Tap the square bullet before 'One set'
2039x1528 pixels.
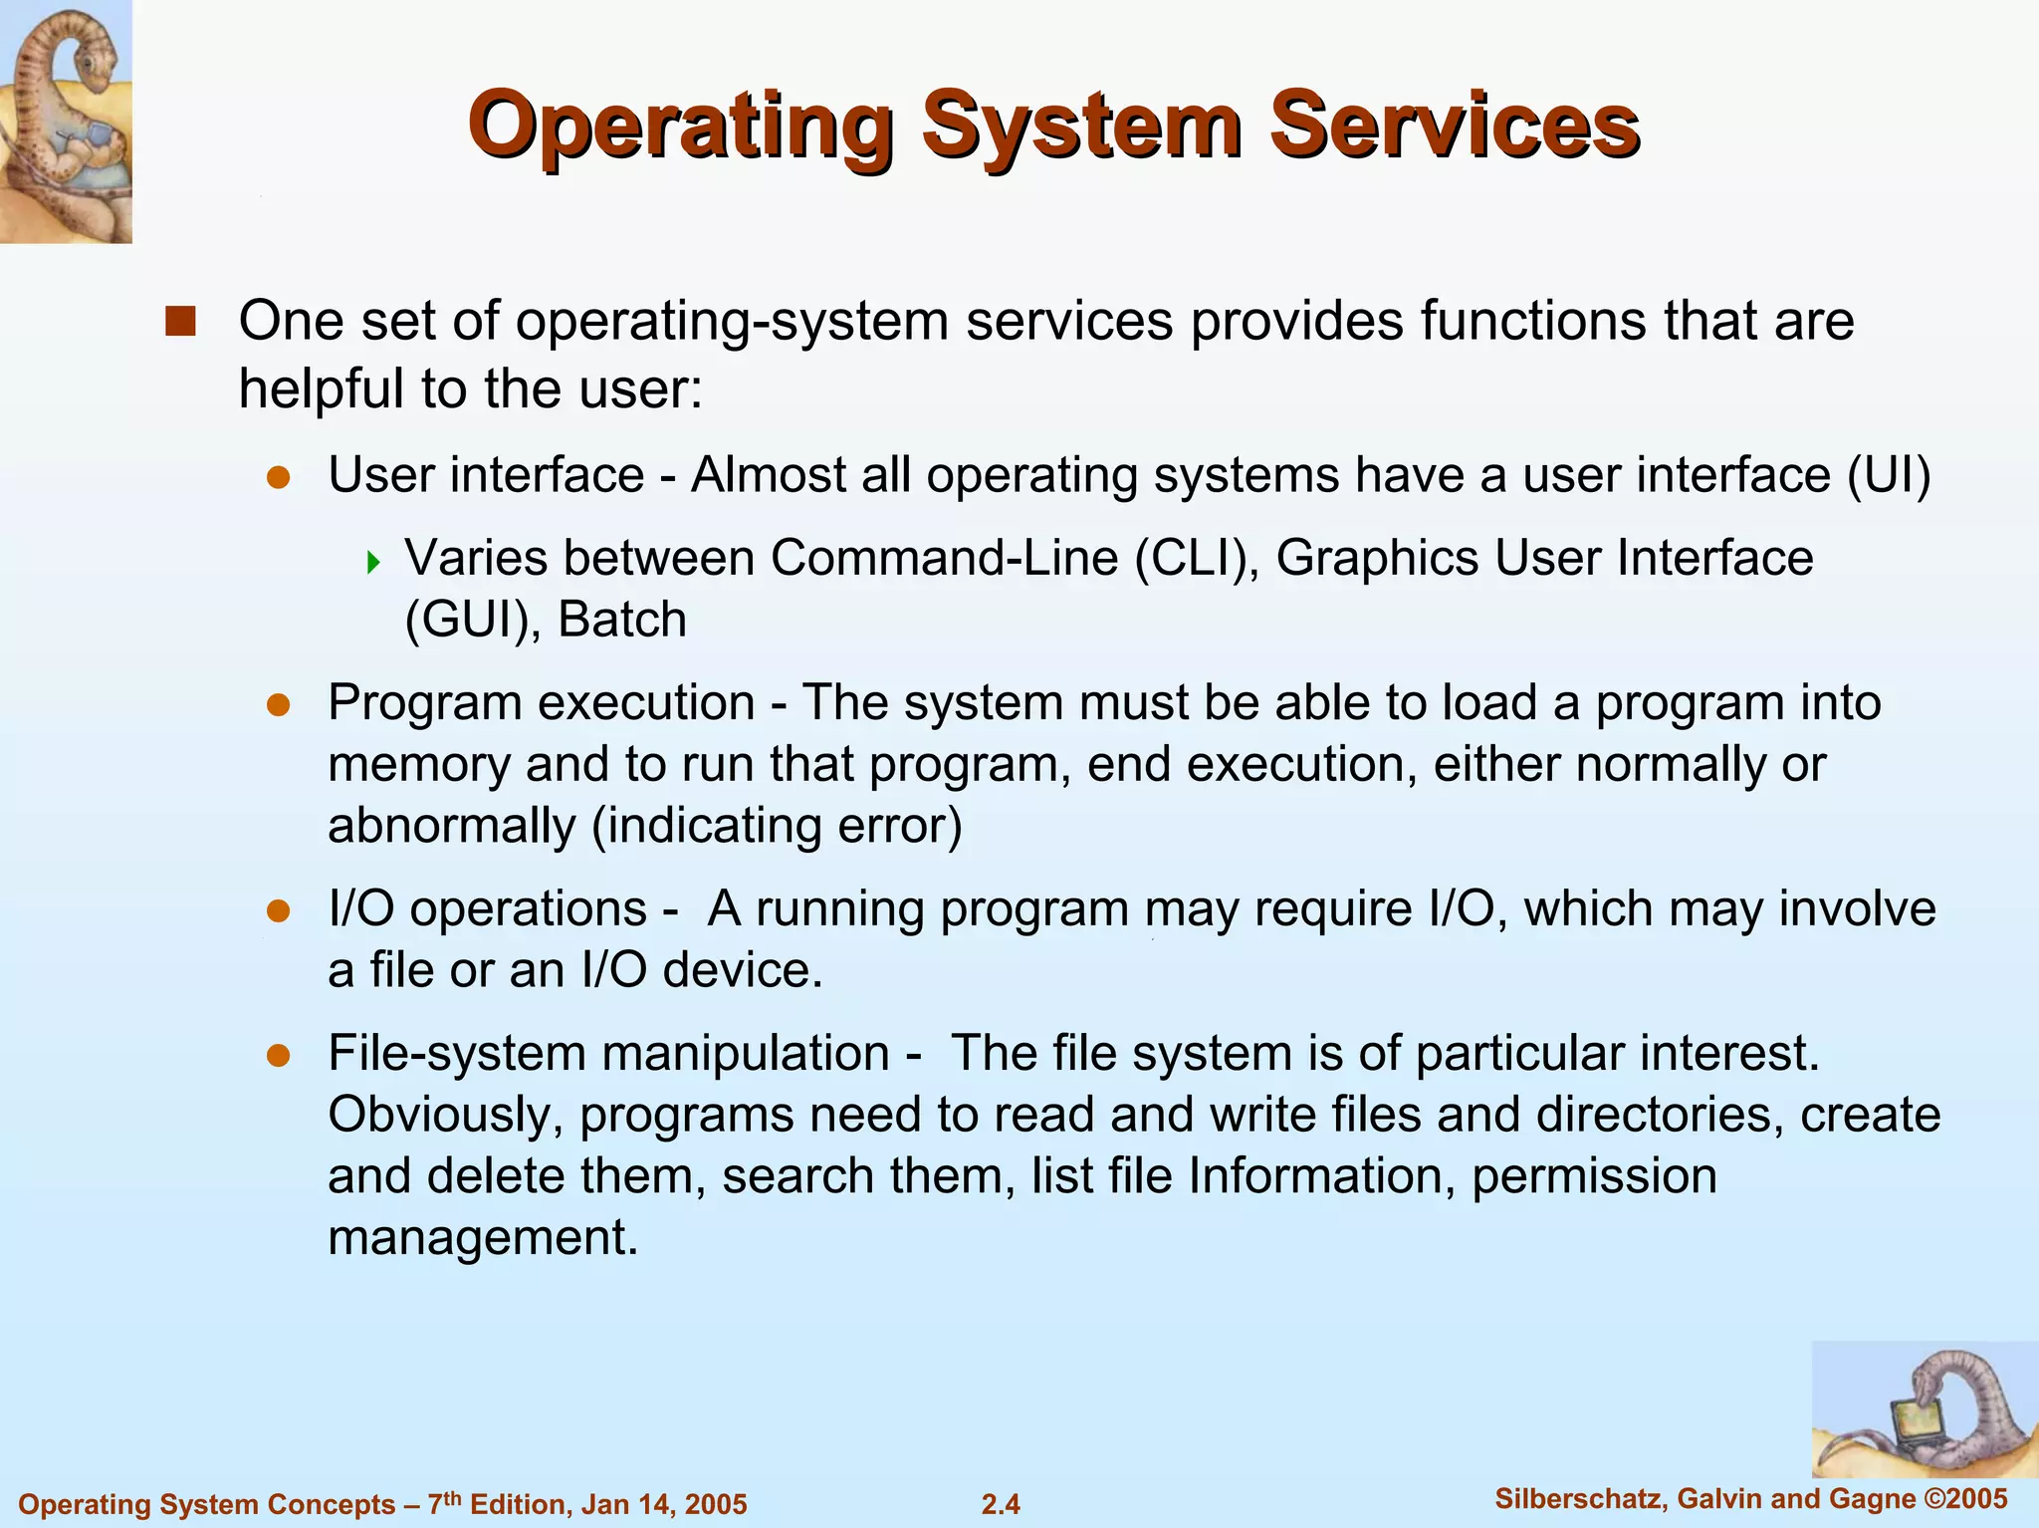coord(180,322)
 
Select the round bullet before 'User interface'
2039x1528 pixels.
coord(278,477)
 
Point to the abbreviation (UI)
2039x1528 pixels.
coord(1889,475)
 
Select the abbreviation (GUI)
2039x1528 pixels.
coord(472,621)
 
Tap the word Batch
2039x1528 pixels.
coord(622,620)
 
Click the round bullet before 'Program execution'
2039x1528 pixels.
coord(278,705)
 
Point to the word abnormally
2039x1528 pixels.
coord(452,826)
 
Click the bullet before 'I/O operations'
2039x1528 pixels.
coord(278,910)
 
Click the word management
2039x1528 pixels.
coord(482,1238)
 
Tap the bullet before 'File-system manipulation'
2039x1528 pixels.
coord(278,1055)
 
